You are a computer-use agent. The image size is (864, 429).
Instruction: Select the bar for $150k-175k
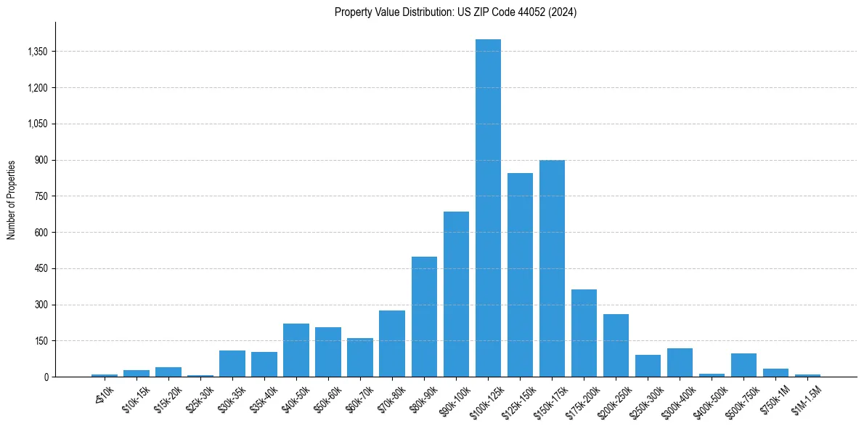click(x=552, y=268)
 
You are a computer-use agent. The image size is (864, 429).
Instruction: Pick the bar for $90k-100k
click(x=456, y=294)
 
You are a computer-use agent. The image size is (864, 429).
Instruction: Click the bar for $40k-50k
click(x=296, y=350)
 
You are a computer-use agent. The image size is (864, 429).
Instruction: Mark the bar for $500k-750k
click(x=743, y=365)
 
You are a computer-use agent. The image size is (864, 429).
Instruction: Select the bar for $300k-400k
click(x=680, y=363)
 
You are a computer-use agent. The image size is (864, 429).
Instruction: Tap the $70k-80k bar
click(x=392, y=344)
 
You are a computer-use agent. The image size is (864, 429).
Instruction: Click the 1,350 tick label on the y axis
click(x=36, y=52)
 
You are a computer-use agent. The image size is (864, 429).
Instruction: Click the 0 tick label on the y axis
click(x=46, y=377)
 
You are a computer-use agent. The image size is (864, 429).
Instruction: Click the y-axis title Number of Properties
click(x=12, y=200)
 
